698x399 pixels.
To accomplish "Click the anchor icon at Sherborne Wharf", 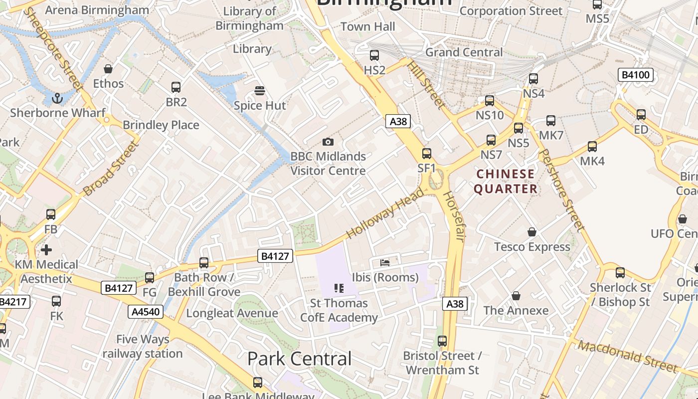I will point(58,98).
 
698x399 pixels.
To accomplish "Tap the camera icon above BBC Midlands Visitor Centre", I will point(328,142).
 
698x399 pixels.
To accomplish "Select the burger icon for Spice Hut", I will point(259,91).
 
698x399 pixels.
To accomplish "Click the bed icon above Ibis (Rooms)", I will point(385,262).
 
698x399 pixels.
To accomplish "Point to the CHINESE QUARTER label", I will point(506,182).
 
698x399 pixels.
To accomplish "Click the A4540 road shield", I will point(146,312).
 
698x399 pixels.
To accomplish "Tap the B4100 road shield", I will point(635,75).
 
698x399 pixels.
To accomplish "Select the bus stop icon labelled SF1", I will point(427,154).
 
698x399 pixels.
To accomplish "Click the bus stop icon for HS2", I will point(374,55).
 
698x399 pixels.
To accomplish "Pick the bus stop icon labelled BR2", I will point(176,87).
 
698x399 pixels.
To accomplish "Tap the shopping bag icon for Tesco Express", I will point(532,232).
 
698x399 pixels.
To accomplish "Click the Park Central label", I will point(299,359).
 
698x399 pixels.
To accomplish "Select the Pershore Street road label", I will point(562,190).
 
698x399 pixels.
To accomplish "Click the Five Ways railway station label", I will point(143,347).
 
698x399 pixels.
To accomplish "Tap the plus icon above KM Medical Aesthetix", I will point(46,249).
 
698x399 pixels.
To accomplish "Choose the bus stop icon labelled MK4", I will point(592,147).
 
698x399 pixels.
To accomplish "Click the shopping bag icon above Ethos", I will point(108,69).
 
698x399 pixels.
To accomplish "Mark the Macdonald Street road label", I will point(628,357).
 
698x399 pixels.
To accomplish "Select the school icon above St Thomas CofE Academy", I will point(339,288).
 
